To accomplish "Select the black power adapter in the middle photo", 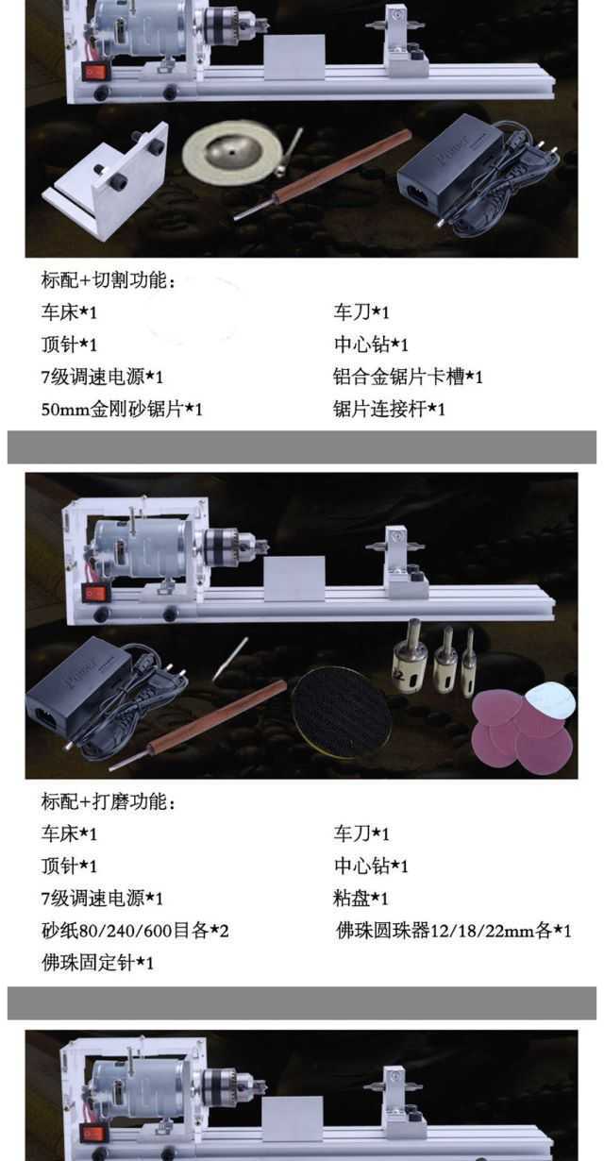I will (x=75, y=700).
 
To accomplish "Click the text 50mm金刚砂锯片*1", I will (x=122, y=410).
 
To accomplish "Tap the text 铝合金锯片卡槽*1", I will (x=408, y=378).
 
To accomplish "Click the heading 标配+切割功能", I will (x=109, y=280).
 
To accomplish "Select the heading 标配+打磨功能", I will (x=109, y=802).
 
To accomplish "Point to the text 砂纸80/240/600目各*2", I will (x=135, y=931).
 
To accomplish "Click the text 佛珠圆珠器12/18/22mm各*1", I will (x=453, y=931).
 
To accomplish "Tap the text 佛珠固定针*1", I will (x=97, y=963).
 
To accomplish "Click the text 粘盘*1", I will (x=361, y=899).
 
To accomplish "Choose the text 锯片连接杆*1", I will (x=389, y=410).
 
